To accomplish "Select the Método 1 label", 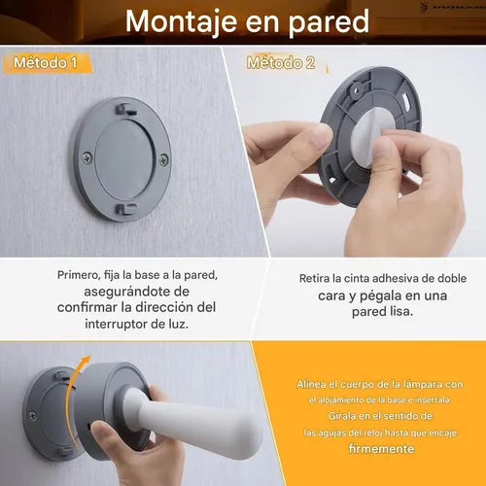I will point(46,63).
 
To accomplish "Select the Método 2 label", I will point(280,63).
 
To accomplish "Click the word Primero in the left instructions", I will point(83,275).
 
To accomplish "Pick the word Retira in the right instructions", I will point(318,278).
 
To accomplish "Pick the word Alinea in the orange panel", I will point(318,385).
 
